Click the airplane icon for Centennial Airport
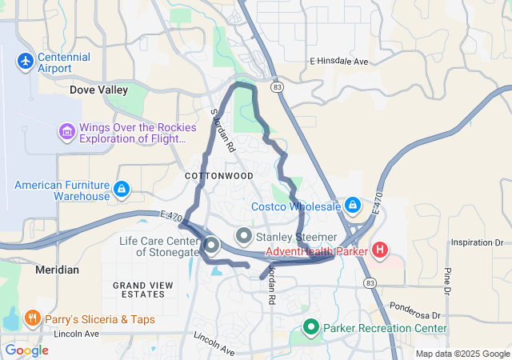(x=26, y=60)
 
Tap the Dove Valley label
(x=99, y=90)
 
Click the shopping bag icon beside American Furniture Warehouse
(x=122, y=189)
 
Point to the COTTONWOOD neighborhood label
(x=218, y=175)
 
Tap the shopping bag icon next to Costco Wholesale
(x=353, y=205)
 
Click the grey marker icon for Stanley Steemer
(x=244, y=236)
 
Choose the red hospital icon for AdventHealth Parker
(x=380, y=250)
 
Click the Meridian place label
(x=58, y=270)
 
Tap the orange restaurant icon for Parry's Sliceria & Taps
(x=33, y=319)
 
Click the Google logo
(x=26, y=350)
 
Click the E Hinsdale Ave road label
(x=338, y=62)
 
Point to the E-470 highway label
(x=170, y=216)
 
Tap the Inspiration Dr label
(x=476, y=242)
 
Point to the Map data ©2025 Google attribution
(x=462, y=354)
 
